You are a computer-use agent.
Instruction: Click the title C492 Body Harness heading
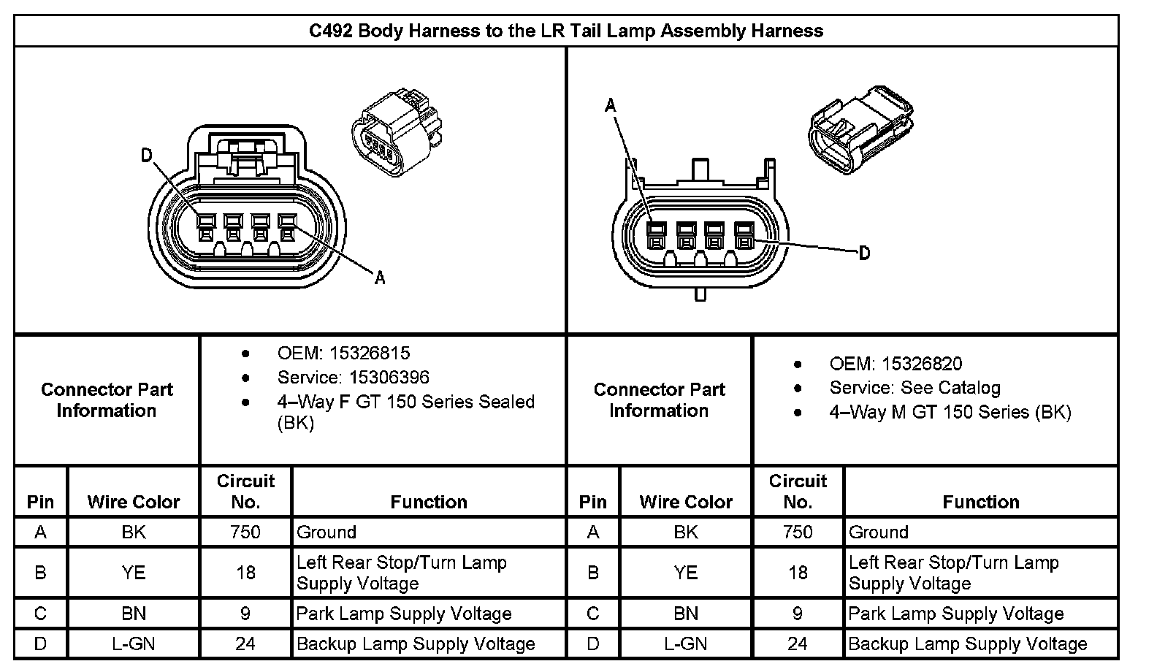point(566,31)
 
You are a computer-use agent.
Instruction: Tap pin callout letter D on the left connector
point(147,155)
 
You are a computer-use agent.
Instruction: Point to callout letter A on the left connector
point(379,278)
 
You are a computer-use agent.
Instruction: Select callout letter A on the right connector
point(611,106)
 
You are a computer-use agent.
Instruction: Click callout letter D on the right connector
point(864,253)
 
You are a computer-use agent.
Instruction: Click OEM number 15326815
point(370,354)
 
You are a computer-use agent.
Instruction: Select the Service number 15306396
point(378,378)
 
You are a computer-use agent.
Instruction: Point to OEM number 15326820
point(922,364)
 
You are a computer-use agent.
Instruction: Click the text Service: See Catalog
point(914,388)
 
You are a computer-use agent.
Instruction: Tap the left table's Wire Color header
point(133,502)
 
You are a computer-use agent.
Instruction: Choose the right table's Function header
point(980,502)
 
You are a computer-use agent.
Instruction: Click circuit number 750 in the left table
point(245,532)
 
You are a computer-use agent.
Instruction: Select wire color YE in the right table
point(685,573)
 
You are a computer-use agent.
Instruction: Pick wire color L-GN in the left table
point(133,644)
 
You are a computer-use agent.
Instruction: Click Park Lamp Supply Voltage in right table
point(955,614)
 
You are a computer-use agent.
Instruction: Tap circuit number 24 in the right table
point(798,644)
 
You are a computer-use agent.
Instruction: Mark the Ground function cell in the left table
point(327,532)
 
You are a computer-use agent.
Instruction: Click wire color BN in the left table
point(133,614)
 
